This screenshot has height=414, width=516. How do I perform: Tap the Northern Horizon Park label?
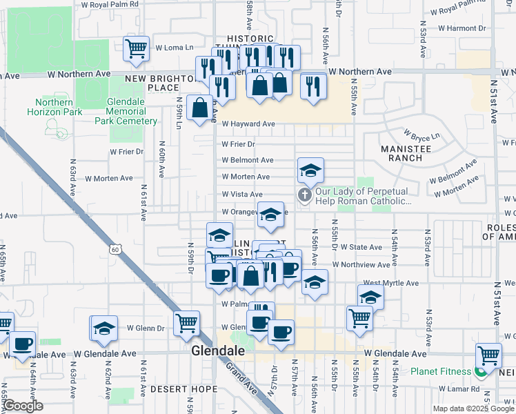pyautogui.click(x=54, y=106)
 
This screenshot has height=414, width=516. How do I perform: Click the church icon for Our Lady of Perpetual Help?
pyautogui.click(x=304, y=196)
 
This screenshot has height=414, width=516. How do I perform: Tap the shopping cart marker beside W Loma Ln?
pyautogui.click(x=137, y=48)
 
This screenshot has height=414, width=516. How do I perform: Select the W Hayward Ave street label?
pyautogui.click(x=248, y=124)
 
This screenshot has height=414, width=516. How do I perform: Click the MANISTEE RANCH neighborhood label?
pyautogui.click(x=401, y=152)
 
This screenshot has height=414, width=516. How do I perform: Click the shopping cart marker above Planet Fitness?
pyautogui.click(x=488, y=356)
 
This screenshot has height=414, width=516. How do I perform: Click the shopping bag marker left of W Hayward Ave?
pyautogui.click(x=199, y=108)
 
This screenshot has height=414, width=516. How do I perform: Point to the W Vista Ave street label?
pyautogui.click(x=241, y=195)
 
